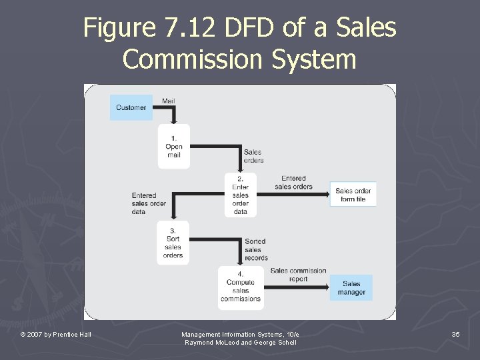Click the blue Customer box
pos(131,107)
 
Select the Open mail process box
pos(173,146)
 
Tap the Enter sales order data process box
pos(241,195)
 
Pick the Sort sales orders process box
pos(173,243)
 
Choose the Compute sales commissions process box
pos(241,287)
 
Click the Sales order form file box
pos(353,195)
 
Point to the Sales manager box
pos(351,288)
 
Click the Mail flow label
pos(169,101)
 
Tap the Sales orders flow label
pos(253,156)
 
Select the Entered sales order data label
pos(148,203)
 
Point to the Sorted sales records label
pos(256,249)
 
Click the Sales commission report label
pos(298,275)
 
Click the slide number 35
pos(455,333)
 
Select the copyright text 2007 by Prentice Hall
pos(56,334)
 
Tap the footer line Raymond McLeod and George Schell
pos(240,342)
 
